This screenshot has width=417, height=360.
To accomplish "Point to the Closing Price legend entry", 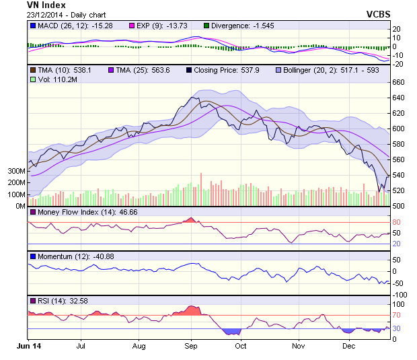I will click(x=228, y=70).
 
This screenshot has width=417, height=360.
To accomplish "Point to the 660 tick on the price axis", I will click(x=398, y=82).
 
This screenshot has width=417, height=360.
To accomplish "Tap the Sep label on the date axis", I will click(x=190, y=347).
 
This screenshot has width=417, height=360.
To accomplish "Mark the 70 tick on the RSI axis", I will click(x=396, y=315).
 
